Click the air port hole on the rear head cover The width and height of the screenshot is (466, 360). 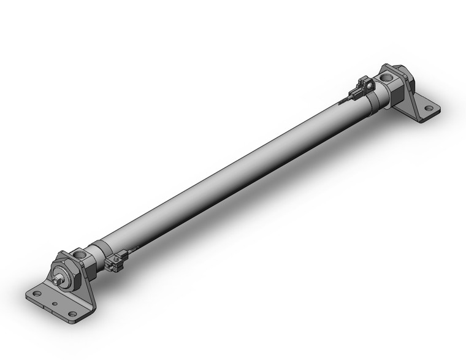(387, 79)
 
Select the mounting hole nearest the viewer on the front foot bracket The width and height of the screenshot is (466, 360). (72, 314)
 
